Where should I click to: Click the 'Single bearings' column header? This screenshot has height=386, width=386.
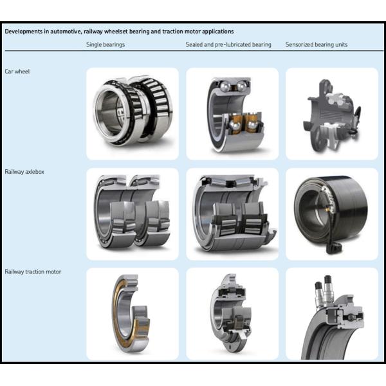(106, 44)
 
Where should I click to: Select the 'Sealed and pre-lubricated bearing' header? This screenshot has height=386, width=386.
(228, 44)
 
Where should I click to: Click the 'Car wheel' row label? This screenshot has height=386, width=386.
(17, 71)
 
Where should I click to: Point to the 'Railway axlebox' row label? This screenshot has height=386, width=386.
(24, 172)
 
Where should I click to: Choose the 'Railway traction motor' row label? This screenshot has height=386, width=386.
(33, 271)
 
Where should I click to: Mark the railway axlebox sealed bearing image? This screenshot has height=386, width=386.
(232, 212)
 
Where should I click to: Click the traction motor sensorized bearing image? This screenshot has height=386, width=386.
(331, 318)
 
